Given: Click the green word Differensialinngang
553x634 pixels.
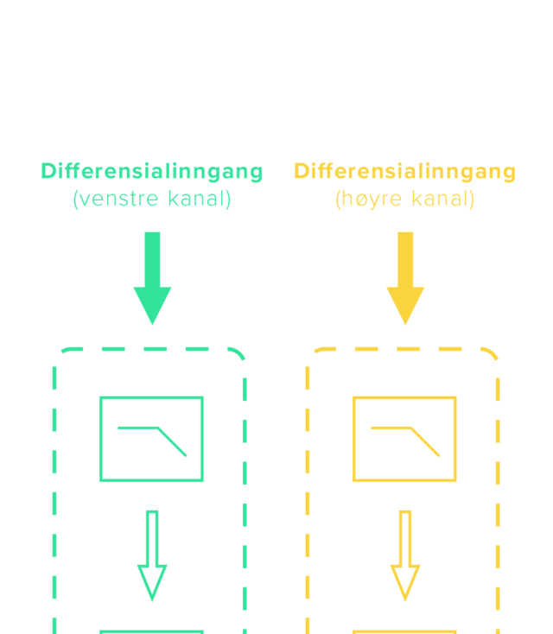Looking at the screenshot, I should (x=151, y=171).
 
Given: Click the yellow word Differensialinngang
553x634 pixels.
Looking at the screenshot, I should (x=404, y=171).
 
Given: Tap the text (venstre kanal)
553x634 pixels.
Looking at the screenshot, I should (x=151, y=199).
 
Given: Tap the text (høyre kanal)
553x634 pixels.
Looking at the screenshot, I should (x=404, y=199).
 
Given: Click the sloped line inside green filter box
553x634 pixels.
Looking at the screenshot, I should (x=173, y=441).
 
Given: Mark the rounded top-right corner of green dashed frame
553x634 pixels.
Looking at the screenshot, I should (x=238, y=354).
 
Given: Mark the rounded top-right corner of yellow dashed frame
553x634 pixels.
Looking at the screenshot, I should (x=492, y=354).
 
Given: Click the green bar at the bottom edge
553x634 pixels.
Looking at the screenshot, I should (x=151, y=631).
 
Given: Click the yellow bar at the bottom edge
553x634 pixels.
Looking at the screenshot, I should (x=404, y=631).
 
